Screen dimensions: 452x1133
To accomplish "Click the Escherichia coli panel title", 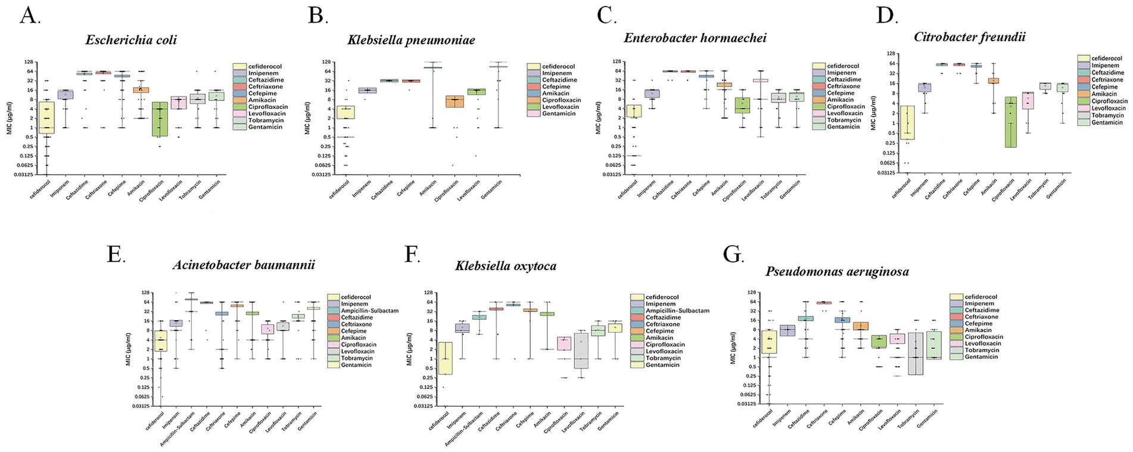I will coord(131,41).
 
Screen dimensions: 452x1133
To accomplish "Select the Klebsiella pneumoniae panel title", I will coord(411,41).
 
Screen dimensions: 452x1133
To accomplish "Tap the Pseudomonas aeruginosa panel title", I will coord(837,272).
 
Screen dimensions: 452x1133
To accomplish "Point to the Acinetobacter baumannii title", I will coord(244,265).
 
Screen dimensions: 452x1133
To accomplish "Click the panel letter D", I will coord(886,16).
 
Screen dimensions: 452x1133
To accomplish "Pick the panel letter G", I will coord(733,255).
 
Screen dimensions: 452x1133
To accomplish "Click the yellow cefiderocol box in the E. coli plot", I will coord(47,117).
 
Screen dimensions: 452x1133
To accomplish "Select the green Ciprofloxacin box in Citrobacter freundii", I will coord(1010,122).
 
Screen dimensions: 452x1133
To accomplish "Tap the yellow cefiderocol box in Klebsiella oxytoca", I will coord(446,358).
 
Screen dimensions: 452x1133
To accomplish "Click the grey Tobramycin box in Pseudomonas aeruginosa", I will coord(916,353).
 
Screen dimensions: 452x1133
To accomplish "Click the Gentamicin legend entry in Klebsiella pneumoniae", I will coord(559,113).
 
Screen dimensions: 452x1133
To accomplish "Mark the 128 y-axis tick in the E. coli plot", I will coord(27,62).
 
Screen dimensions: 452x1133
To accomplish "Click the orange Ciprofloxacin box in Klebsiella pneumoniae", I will coord(455,101).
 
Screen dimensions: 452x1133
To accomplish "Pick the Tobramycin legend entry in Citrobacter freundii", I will coord(1109,115).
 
